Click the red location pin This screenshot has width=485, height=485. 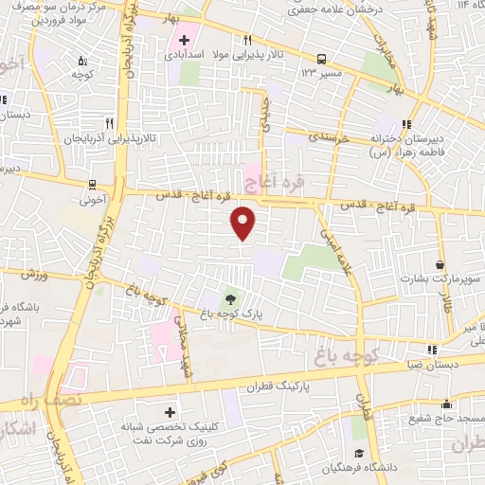[243, 223]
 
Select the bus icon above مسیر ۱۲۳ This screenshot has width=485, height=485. [321, 57]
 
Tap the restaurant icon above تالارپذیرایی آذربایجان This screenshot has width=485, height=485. [109, 123]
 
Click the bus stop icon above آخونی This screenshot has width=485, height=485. [92, 185]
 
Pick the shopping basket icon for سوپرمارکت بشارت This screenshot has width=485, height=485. [440, 264]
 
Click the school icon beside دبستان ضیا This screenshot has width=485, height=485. [432, 349]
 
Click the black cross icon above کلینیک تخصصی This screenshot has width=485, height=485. [171, 412]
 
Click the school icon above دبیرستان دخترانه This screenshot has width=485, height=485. [406, 123]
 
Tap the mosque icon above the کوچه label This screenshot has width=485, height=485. [79, 57]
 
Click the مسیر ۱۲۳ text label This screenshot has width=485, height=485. [322, 72]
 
